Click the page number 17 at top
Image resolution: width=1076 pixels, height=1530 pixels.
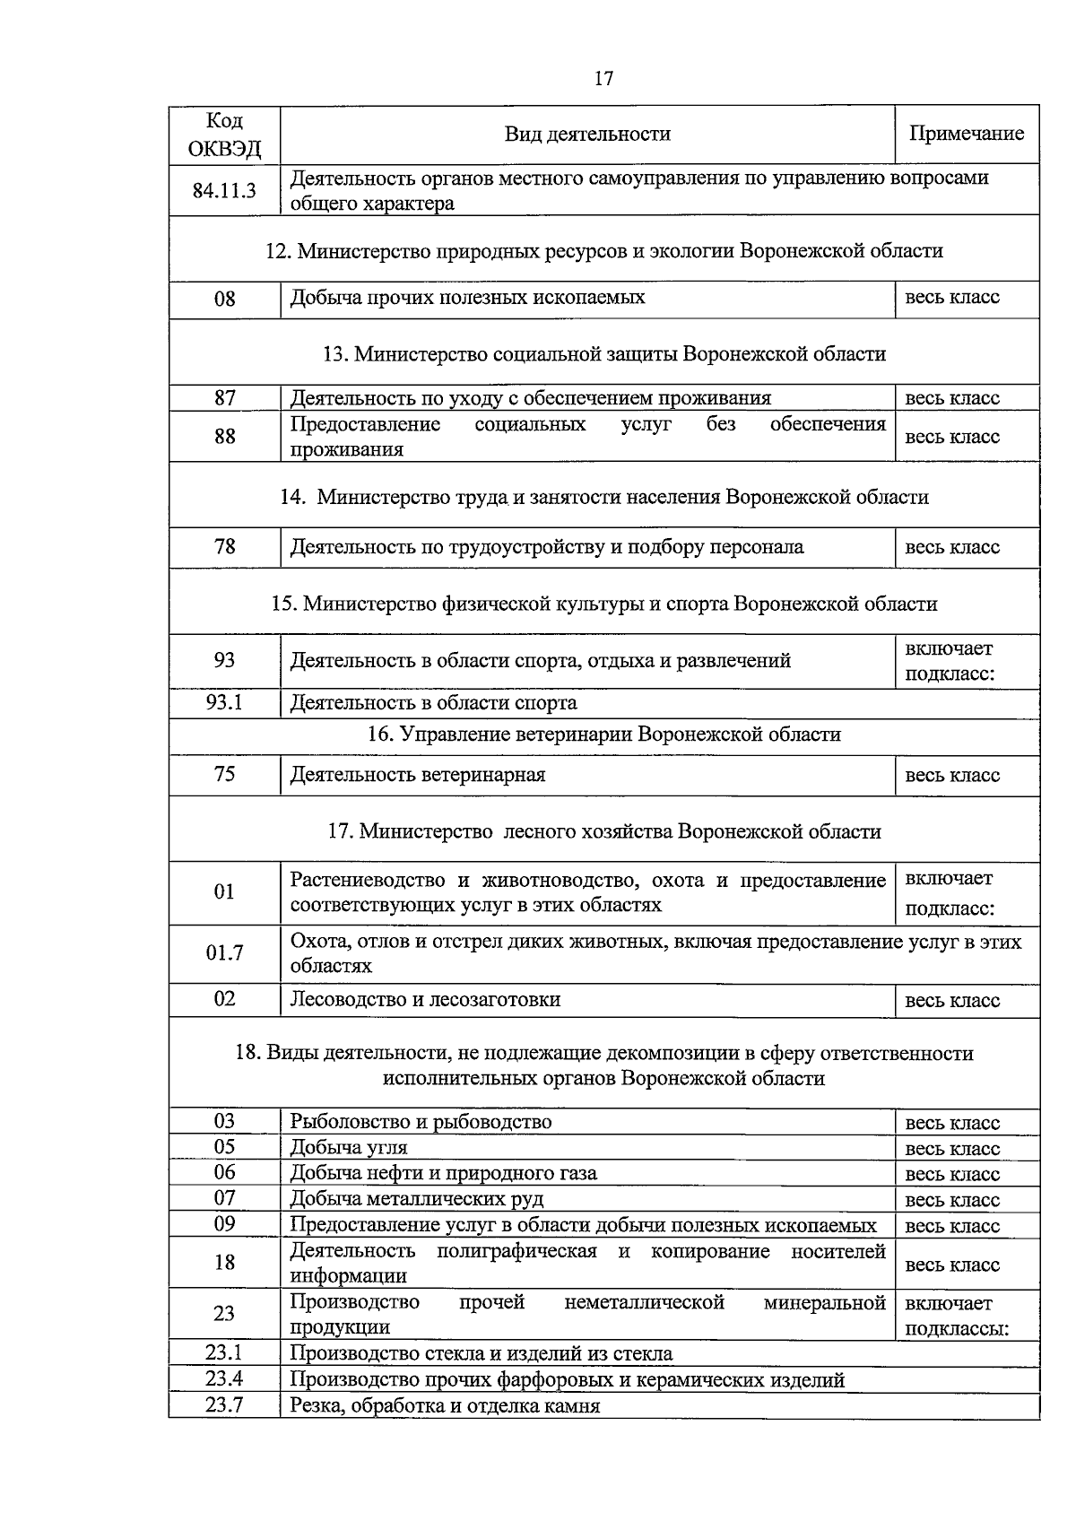coord(603,79)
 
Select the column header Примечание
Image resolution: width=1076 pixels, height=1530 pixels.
coord(967,134)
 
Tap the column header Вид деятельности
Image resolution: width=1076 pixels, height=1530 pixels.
coord(587,134)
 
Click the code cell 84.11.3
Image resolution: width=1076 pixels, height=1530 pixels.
coord(224,190)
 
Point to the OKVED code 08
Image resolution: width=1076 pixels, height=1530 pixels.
coord(224,298)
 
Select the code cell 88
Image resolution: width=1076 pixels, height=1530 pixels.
coord(224,436)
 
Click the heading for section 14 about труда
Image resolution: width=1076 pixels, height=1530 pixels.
coord(604,496)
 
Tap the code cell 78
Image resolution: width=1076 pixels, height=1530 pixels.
coord(224,546)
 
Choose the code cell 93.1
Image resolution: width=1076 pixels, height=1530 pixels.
coord(224,702)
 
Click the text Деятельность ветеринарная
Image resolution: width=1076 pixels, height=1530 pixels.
coord(418,775)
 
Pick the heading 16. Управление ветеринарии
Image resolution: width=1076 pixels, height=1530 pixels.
coord(604,735)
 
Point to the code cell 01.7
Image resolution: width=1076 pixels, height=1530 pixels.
coord(224,953)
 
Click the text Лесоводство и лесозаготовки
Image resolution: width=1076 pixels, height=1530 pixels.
coord(425,1000)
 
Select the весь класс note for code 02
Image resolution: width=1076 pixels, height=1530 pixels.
coord(952,1001)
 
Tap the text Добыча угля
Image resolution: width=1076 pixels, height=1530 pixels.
coord(349,1147)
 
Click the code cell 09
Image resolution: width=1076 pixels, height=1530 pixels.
coord(224,1223)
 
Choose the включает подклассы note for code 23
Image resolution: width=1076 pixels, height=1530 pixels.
coord(957,1315)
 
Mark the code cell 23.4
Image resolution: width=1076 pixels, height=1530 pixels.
coord(224,1379)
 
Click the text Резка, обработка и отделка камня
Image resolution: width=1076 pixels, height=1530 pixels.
coord(445,1405)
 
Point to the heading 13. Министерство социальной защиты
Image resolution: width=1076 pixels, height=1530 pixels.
coord(604,353)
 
